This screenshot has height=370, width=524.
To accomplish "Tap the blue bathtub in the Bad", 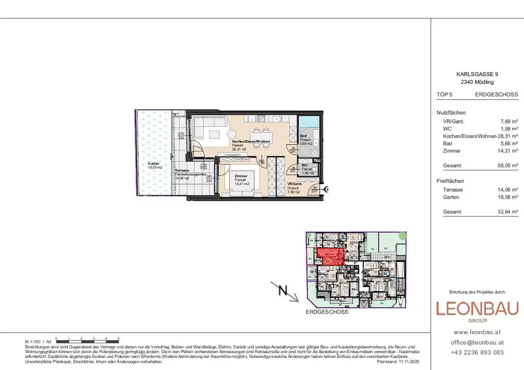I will [x=310, y=122].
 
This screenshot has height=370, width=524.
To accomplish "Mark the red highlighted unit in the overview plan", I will [x=330, y=255].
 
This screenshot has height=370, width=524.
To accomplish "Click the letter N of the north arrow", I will [x=281, y=291].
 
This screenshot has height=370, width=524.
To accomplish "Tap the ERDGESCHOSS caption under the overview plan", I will [x=326, y=312].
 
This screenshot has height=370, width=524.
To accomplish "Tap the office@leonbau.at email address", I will [x=477, y=342].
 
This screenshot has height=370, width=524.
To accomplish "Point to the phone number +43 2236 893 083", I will [x=477, y=352].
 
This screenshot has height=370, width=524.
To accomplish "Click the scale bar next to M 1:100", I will [x=88, y=340].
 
